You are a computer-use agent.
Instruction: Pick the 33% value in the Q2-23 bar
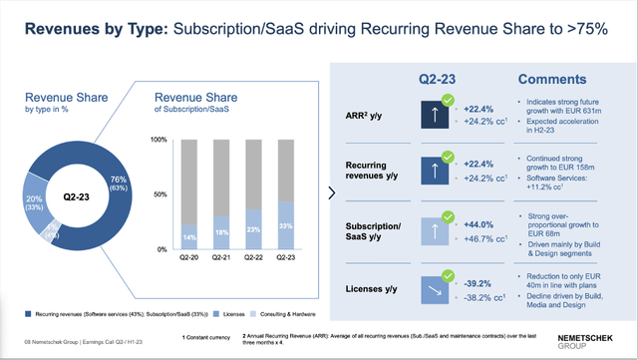[x=285, y=227]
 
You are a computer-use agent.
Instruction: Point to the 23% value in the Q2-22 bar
[x=254, y=230]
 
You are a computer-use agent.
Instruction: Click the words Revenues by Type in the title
[x=89, y=29]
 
